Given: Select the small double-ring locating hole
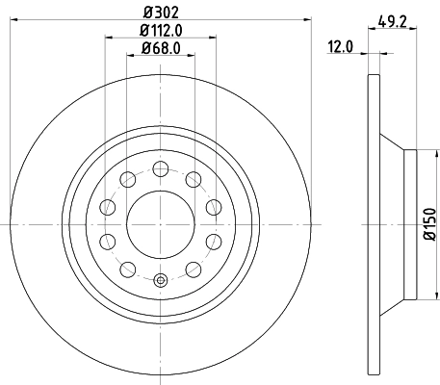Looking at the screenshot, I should coord(160,282).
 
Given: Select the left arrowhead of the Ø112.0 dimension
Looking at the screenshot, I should coord(106,38).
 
